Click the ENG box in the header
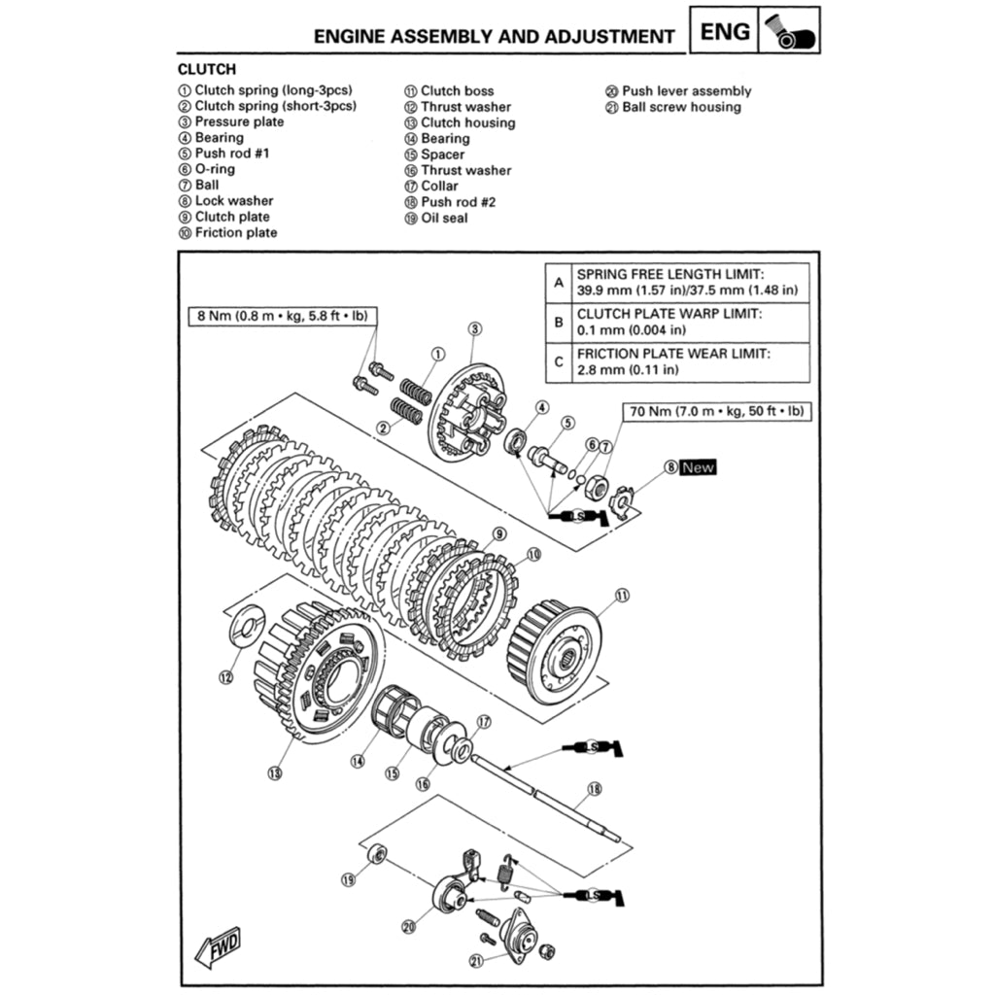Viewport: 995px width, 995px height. (x=725, y=31)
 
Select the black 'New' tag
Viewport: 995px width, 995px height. (x=698, y=467)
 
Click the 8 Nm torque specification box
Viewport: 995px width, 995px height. (x=283, y=316)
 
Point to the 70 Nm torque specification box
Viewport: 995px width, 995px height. (x=716, y=411)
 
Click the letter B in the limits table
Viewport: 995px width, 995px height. (x=558, y=322)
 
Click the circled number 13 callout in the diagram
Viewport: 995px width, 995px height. (x=274, y=773)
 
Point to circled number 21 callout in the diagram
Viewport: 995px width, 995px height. (x=476, y=961)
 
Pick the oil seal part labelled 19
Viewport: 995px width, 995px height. (x=380, y=854)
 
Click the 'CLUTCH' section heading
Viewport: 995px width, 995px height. (x=206, y=70)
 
